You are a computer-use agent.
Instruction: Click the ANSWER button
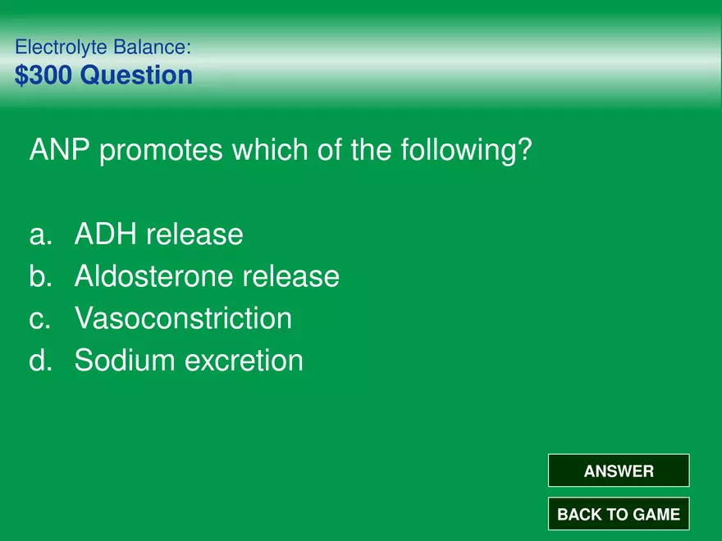[619, 471]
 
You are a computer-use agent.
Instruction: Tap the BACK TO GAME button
[619, 513]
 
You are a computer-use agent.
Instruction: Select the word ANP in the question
[59, 149]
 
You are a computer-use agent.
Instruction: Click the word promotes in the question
[161, 151]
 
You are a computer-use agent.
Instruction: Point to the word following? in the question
[466, 151]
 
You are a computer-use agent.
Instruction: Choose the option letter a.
[40, 235]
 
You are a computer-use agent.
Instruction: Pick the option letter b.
[40, 275]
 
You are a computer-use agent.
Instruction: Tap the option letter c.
[40, 319]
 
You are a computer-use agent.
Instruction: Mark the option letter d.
[40, 360]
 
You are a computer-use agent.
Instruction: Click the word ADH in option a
[106, 234]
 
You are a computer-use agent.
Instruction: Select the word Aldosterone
[153, 276]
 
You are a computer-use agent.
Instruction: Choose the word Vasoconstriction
[183, 318]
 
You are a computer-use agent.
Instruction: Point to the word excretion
[244, 360]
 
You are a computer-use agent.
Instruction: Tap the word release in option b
[291, 276]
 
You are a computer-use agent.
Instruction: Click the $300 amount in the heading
[43, 75]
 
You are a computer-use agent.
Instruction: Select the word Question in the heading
[136, 75]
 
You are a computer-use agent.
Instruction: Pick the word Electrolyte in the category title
[62, 48]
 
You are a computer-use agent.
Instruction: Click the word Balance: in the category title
[152, 47]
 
